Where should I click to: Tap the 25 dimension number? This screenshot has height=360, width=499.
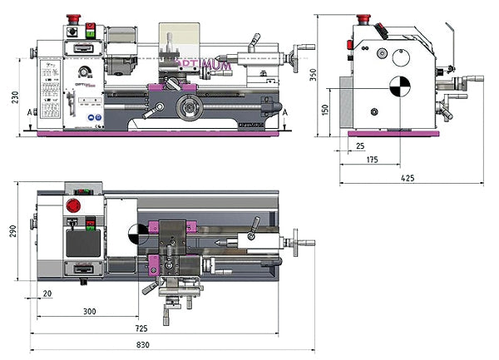359,145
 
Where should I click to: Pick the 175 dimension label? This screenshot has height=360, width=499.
372,159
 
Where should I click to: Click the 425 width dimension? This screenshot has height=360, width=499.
408,177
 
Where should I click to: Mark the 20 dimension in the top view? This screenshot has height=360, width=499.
47,293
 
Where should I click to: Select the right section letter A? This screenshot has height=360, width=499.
285,111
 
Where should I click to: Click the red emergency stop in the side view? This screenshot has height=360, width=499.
363,18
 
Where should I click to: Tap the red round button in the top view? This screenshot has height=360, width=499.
72,206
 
